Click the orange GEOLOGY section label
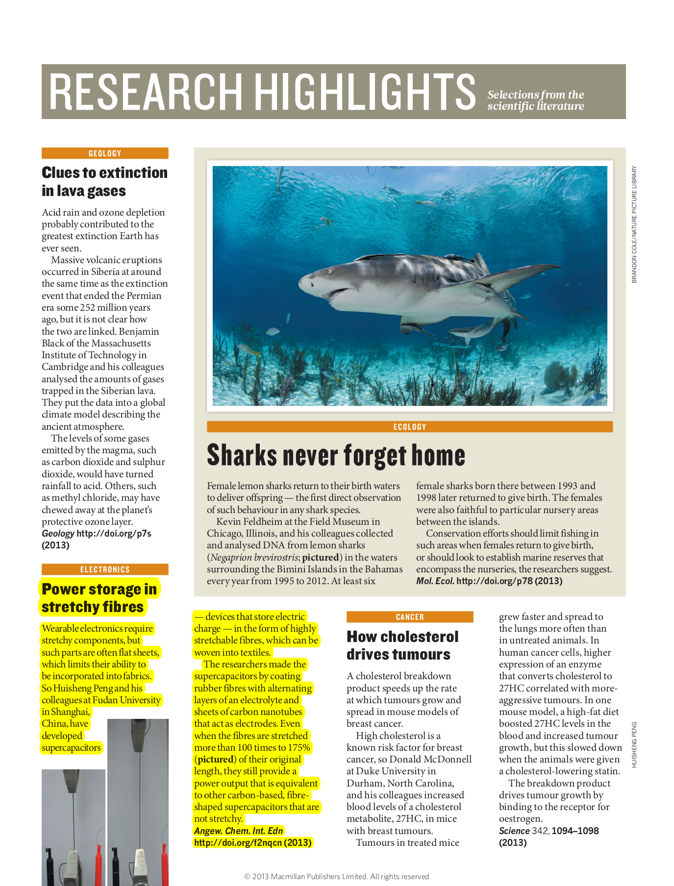[105, 153]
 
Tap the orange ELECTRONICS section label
[105, 569]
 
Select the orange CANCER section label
[410, 617]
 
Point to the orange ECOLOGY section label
[410, 427]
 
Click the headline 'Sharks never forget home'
[336, 455]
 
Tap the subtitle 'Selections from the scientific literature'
[535, 100]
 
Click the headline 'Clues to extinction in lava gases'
[104, 181]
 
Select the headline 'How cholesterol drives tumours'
[402, 645]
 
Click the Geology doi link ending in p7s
[114, 534]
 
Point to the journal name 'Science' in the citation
[514, 831]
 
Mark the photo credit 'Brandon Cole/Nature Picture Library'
[634, 224]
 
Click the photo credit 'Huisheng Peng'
[634, 744]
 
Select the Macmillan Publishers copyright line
[336, 877]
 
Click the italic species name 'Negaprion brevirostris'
[253, 558]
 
